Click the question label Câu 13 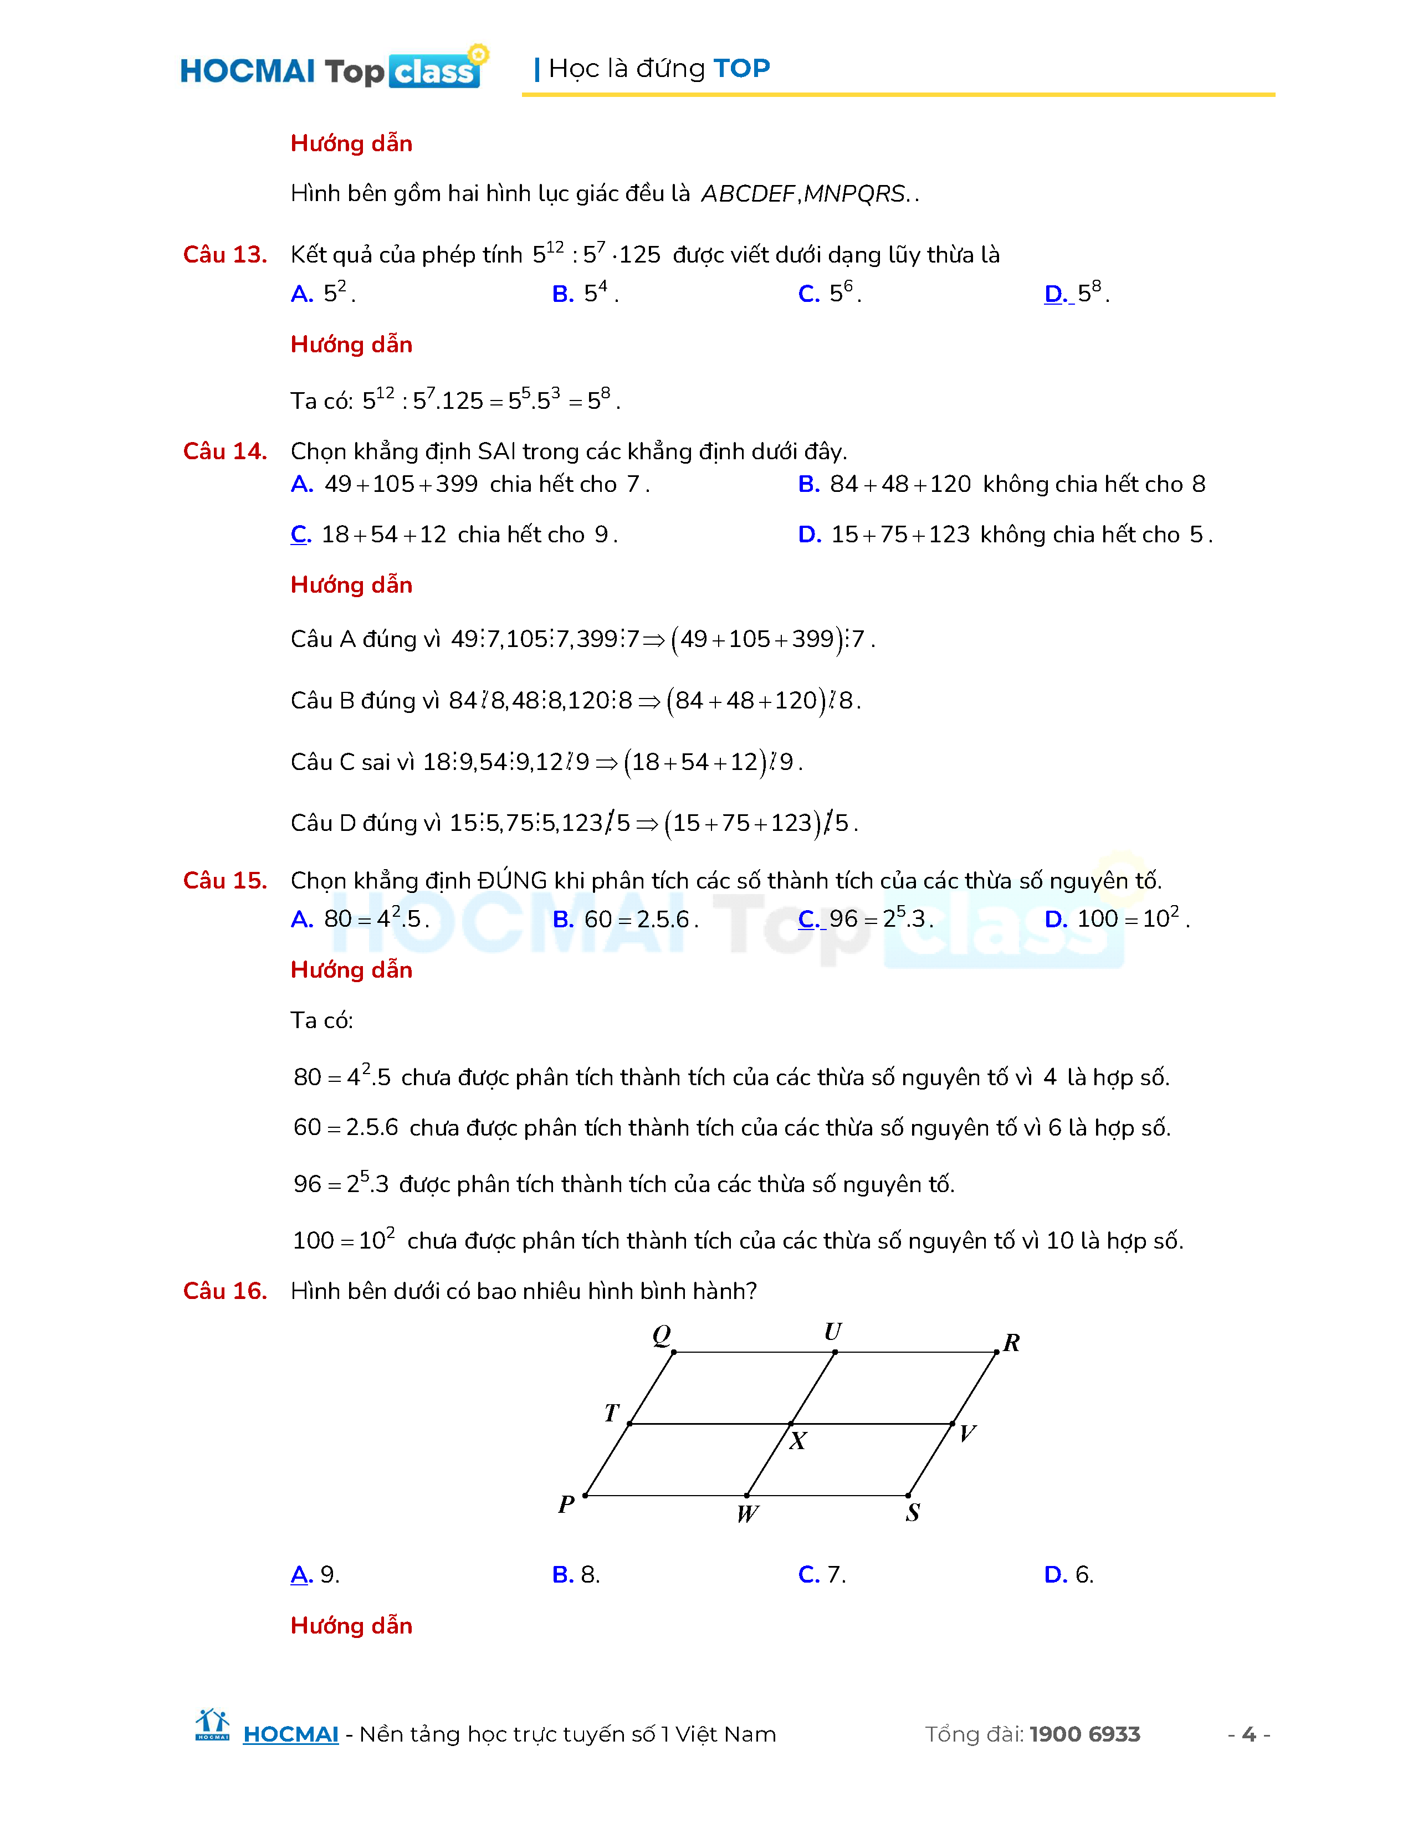[x=224, y=254]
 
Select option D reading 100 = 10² [x=1116, y=919]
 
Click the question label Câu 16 [x=224, y=1291]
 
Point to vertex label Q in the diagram [x=661, y=1334]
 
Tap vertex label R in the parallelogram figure [x=1011, y=1343]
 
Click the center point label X [x=798, y=1440]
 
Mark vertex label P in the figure [x=566, y=1504]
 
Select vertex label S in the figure [x=913, y=1512]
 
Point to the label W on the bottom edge [x=747, y=1513]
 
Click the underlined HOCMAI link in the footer [x=290, y=1734]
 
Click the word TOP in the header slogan [x=741, y=68]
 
